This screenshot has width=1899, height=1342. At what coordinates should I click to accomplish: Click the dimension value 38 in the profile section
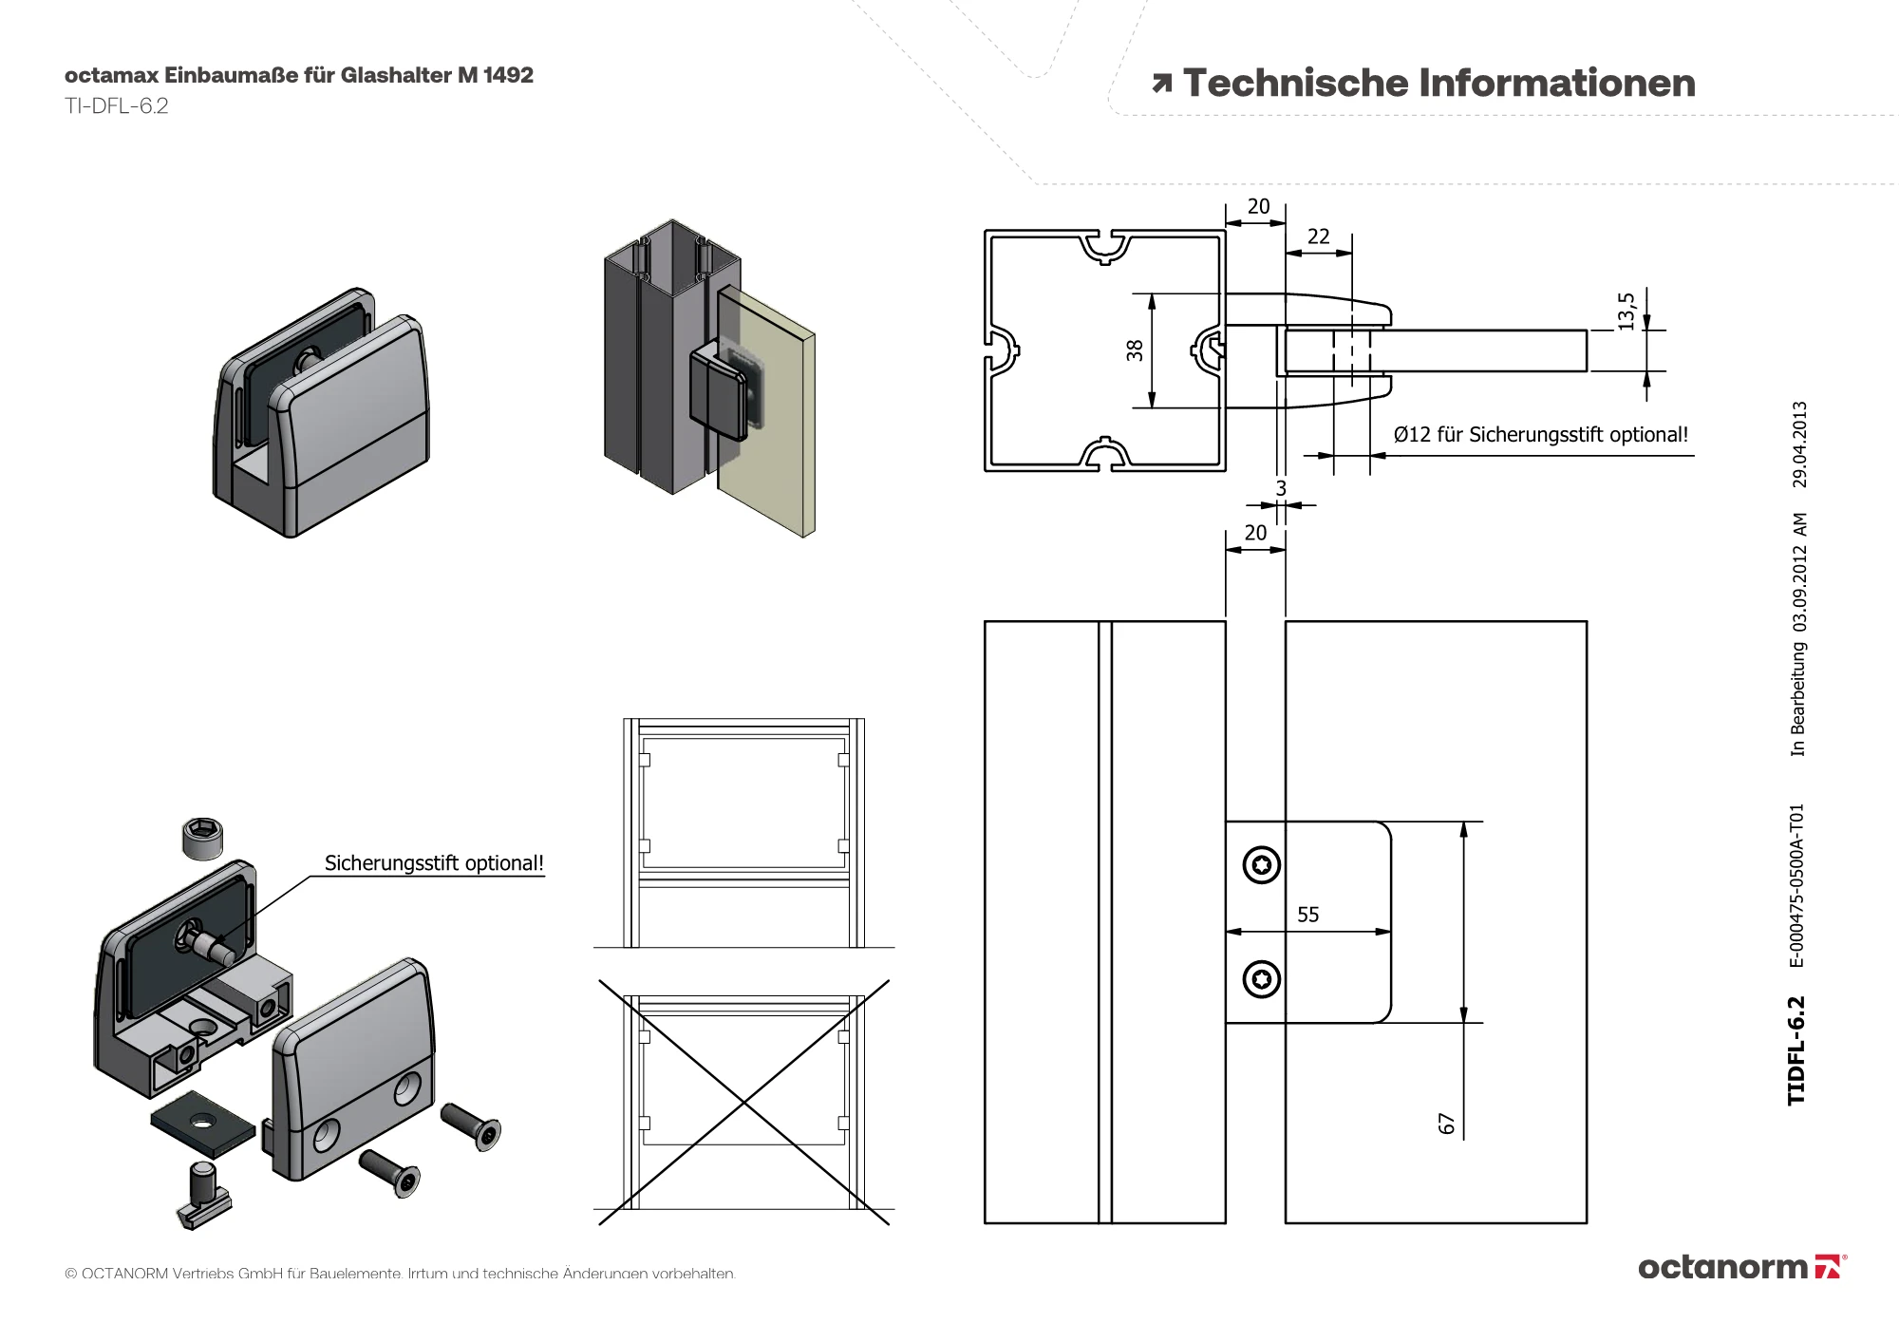coord(1135,350)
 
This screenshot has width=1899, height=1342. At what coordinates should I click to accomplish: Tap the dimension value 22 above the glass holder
coord(1319,236)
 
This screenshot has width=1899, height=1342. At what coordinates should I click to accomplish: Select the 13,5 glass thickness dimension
coord(1626,311)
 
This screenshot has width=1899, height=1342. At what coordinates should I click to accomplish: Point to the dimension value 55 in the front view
coord(1308,915)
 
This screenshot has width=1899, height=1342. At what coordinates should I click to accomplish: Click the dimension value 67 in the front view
coord(1446,1124)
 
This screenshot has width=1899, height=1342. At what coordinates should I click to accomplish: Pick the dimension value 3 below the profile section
coord(1281,488)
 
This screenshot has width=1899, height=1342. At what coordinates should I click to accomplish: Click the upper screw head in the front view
coord(1262,864)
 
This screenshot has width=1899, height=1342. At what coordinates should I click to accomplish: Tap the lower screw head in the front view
coord(1262,979)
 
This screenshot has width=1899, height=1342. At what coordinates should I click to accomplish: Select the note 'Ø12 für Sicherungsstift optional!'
coord(1540,435)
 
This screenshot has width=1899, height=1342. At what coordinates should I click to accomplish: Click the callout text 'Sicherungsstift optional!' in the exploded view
coord(434,863)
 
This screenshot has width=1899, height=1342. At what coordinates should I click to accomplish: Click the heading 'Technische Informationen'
coord(1438,84)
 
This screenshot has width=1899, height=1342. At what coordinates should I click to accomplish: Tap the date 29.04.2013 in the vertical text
coord(1799,444)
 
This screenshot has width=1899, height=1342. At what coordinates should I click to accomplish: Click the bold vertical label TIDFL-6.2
coord(1796,1050)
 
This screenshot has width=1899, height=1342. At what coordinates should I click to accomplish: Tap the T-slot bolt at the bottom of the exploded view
coord(203,1195)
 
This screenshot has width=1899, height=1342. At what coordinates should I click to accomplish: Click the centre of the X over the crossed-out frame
coord(744,1102)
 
